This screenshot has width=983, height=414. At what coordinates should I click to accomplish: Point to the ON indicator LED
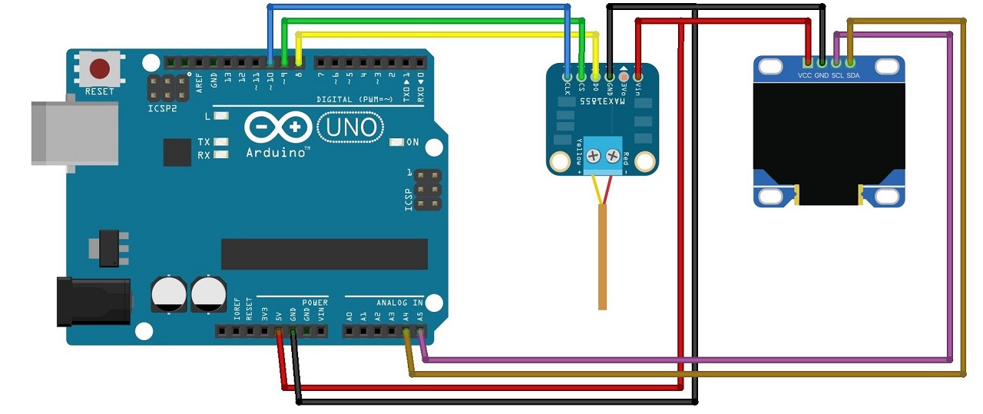(x=396, y=142)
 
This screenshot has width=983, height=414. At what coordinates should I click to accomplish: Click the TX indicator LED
(x=221, y=142)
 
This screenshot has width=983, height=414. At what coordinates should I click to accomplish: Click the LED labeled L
(x=221, y=116)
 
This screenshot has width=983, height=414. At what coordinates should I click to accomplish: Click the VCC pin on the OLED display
(x=807, y=61)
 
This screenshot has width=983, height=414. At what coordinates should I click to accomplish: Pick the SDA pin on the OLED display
(x=850, y=61)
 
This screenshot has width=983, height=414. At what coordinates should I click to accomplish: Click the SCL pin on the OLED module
(x=836, y=61)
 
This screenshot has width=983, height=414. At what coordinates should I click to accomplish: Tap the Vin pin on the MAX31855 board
(x=637, y=76)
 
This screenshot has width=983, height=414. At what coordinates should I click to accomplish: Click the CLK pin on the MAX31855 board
(x=568, y=76)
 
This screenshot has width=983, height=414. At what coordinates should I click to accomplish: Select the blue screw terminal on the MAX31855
(x=603, y=157)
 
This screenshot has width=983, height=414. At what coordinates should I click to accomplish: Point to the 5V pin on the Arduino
(x=279, y=331)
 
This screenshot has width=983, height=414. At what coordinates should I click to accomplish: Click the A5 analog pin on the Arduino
(x=420, y=331)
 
